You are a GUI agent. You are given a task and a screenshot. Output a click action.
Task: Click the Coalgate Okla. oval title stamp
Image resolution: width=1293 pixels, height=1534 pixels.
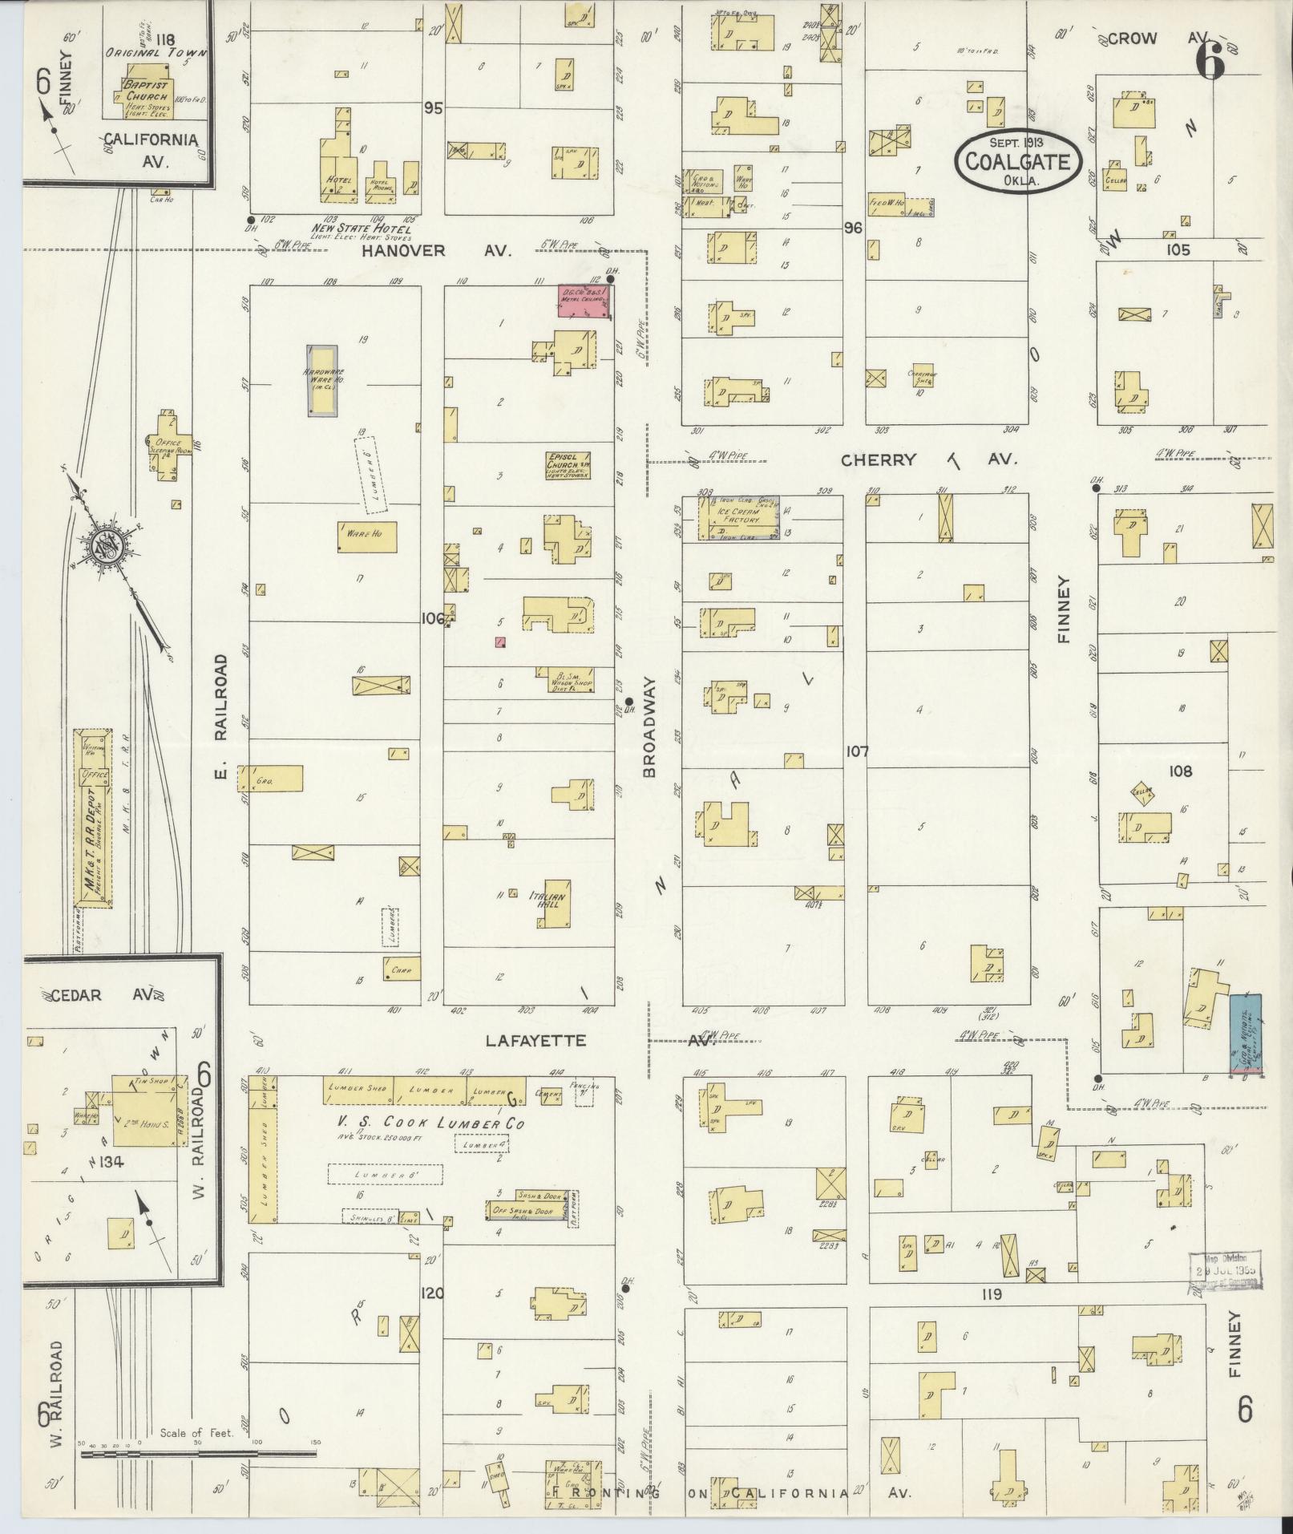tap(1017, 162)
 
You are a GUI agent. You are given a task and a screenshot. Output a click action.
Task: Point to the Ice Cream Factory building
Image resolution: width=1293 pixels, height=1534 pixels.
tap(738, 518)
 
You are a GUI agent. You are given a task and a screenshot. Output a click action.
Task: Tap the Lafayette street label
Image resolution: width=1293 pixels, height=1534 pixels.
tap(535, 1041)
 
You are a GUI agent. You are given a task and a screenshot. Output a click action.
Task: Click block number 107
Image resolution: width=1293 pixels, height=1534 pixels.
tap(857, 752)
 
